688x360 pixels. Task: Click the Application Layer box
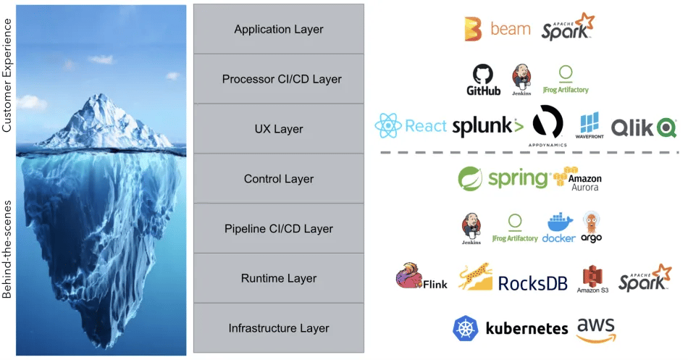[x=279, y=30]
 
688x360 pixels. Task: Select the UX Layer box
[x=279, y=129]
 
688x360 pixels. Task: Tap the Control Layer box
[x=279, y=179]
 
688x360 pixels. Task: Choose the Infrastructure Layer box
[x=279, y=328]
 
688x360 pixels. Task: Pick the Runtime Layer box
[x=279, y=278]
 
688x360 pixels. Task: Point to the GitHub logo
[x=483, y=80]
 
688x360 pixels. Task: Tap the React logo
[x=411, y=126]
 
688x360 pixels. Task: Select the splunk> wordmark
[x=487, y=127]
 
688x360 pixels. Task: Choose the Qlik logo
[x=644, y=127]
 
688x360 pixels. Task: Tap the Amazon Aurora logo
[x=577, y=178]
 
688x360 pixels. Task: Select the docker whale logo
[x=558, y=227]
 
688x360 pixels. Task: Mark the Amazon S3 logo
[x=592, y=279]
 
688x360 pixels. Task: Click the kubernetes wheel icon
[x=466, y=328]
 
